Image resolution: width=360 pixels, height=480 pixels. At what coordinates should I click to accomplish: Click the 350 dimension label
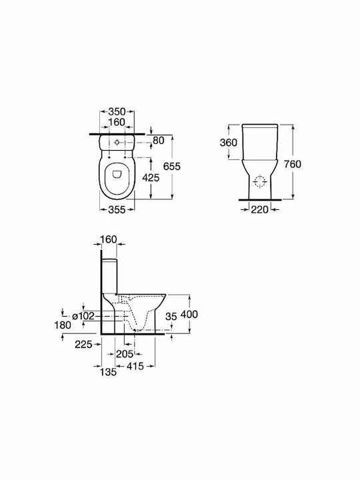[x=117, y=111]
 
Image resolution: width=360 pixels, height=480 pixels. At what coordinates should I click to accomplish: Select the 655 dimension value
[x=172, y=167]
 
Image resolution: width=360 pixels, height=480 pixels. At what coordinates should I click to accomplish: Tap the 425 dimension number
[x=151, y=177]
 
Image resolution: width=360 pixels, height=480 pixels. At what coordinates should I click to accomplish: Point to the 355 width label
[x=117, y=210]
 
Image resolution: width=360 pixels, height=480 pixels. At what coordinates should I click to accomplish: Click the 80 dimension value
[x=159, y=141]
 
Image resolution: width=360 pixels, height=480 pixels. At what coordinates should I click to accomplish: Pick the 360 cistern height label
[x=229, y=143]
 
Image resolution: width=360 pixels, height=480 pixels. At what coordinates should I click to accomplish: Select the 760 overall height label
[x=293, y=165]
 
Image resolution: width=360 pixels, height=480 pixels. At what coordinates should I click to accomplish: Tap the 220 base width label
[x=259, y=210]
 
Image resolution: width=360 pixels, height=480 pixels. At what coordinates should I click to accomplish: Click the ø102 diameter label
[x=83, y=316]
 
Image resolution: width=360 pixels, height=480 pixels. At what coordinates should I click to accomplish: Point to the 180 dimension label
[x=63, y=325]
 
